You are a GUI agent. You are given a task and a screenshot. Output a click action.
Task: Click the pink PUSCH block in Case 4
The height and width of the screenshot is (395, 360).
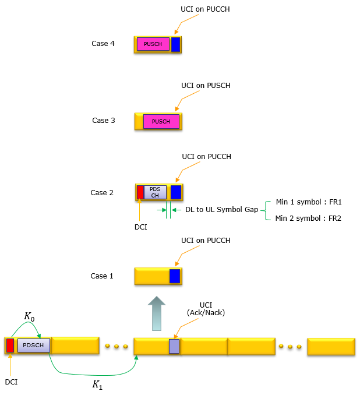(153, 44)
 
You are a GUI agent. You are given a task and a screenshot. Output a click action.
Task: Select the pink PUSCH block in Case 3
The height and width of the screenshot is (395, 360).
(161, 122)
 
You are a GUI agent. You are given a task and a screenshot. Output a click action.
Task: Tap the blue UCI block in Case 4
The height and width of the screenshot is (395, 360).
(175, 44)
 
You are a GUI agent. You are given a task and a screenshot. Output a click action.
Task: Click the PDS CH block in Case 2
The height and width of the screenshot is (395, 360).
(155, 192)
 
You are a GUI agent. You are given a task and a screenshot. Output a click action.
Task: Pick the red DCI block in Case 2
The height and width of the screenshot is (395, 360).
(140, 192)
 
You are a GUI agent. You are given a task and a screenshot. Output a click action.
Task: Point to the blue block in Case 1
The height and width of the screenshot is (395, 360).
(175, 276)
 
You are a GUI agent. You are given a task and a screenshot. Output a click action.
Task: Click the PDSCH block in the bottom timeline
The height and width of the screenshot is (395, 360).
(34, 345)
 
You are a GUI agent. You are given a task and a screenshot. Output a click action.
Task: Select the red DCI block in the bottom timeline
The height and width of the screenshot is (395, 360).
(10, 345)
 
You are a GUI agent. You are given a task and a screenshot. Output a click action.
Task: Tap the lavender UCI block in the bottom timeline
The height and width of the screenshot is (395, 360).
(174, 346)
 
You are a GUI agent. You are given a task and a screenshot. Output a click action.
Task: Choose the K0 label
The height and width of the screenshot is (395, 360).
(30, 316)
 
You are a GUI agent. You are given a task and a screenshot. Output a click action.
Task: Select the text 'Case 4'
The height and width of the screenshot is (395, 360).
(103, 44)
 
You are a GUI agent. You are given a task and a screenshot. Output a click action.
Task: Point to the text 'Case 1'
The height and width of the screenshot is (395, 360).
(103, 276)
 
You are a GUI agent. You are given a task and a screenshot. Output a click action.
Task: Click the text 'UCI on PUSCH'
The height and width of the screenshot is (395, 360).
(206, 86)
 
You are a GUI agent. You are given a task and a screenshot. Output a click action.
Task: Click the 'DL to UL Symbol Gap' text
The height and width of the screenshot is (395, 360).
(221, 210)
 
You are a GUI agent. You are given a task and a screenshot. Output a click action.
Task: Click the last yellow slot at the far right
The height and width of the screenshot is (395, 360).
(331, 346)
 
